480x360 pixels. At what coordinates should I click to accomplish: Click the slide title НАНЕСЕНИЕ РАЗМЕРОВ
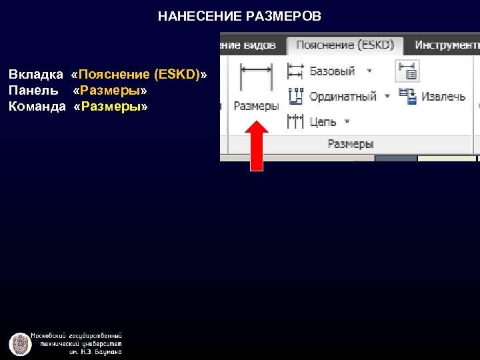point(239,15)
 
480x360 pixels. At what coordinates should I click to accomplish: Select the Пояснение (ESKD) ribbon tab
point(345,45)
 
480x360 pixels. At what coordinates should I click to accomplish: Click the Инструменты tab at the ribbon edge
point(447,45)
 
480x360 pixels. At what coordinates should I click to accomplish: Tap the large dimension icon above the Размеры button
point(256,78)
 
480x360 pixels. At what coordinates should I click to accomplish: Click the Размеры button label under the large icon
point(256,106)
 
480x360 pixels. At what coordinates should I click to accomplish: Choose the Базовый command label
point(332,71)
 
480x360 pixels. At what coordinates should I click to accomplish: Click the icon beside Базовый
point(295,71)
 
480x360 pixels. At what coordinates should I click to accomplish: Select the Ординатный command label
point(343,96)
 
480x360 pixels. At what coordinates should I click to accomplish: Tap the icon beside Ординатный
point(295,96)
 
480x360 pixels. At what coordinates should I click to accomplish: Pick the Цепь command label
point(323,121)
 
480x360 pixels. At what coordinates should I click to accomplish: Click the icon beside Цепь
point(295,121)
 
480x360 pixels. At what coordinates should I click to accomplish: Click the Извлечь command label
point(443,96)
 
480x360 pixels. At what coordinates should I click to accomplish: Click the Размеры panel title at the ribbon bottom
point(351,144)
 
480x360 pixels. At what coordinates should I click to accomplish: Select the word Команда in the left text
point(37,107)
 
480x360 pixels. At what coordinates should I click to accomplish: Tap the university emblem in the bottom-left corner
point(20,344)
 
